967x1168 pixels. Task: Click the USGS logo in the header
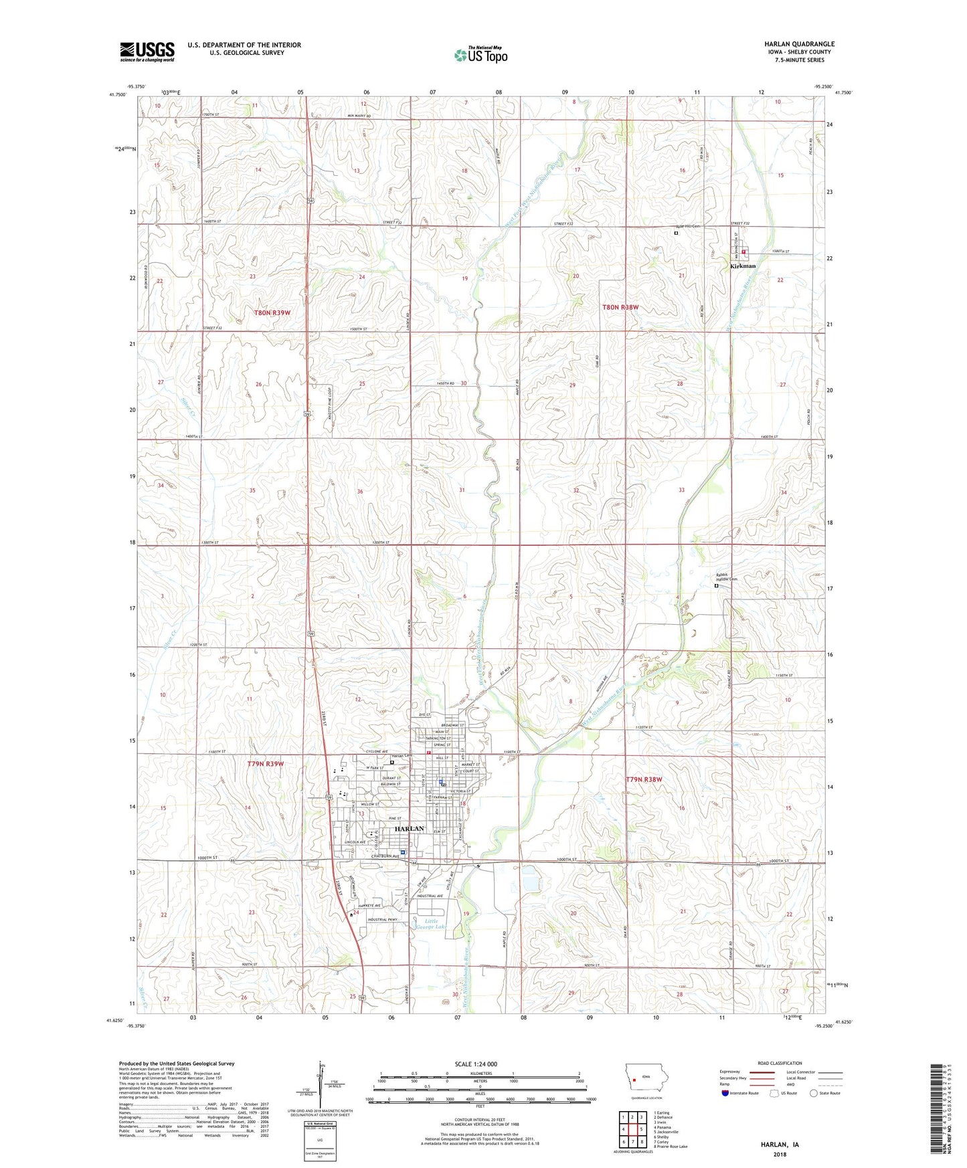(x=147, y=52)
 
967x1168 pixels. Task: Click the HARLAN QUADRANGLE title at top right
(x=799, y=44)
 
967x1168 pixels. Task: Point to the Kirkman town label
(x=743, y=266)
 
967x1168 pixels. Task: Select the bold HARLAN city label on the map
(x=409, y=829)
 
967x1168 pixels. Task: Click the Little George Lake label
(x=431, y=924)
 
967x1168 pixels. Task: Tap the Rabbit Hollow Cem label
(x=727, y=577)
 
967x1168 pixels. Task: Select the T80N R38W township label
(x=620, y=307)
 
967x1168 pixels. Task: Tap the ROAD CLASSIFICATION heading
(x=780, y=1063)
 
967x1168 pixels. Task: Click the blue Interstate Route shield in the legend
(x=726, y=1093)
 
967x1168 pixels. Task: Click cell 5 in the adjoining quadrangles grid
(x=641, y=1129)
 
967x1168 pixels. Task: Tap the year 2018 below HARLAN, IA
(x=780, y=1155)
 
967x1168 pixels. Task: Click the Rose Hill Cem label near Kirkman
(x=686, y=226)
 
